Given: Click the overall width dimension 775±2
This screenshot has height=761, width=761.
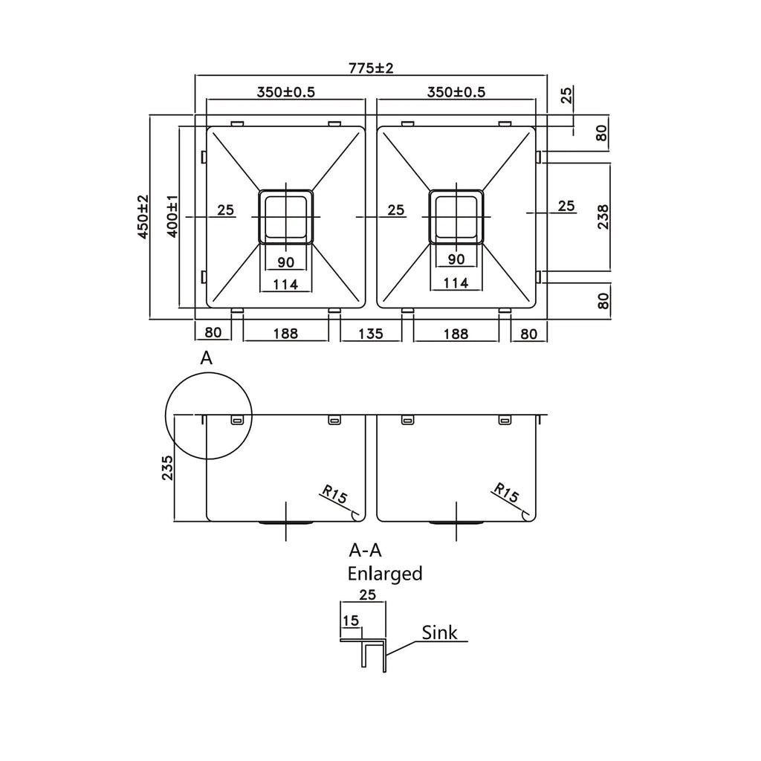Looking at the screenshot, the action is [372, 68].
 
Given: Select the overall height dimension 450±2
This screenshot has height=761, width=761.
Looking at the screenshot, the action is [143, 216].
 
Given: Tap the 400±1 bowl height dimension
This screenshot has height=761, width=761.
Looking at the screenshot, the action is [172, 216].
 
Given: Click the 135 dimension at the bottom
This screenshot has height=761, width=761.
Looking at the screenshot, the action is [371, 334].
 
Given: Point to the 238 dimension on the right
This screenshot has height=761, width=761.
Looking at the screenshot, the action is [602, 216].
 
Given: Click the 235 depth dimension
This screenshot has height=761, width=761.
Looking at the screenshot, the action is [167, 468].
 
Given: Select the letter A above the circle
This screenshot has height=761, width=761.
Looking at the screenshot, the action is [207, 358].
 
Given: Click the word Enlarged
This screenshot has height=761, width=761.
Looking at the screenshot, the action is [385, 574].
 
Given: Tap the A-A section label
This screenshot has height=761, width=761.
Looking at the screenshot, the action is [365, 551].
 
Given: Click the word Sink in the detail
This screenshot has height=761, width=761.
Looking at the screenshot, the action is [439, 632].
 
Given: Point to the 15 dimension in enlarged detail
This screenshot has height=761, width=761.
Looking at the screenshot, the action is [351, 621].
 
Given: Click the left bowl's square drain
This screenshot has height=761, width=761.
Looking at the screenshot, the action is [286, 216].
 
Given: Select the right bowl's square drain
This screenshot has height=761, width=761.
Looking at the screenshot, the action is [456, 216].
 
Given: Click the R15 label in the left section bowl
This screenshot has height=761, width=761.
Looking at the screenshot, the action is [335, 494].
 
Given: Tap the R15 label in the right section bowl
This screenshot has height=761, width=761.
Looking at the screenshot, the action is [506, 493].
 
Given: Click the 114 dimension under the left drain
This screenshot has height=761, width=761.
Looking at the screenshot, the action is [285, 284].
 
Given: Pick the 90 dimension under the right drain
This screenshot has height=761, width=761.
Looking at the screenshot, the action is [456, 259].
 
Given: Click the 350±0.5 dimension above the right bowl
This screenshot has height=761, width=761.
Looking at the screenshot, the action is [456, 91].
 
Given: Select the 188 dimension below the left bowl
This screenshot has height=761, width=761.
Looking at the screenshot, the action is [285, 334].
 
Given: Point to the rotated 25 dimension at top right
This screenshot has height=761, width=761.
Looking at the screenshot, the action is [566, 94].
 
